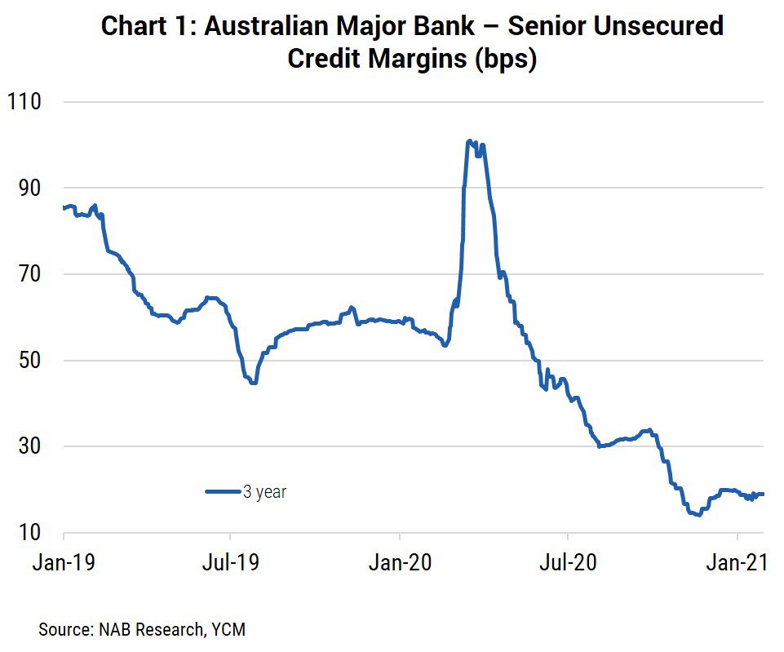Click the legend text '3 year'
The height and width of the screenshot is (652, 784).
point(264,492)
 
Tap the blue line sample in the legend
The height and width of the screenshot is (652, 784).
point(222,492)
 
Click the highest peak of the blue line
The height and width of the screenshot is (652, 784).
point(469,141)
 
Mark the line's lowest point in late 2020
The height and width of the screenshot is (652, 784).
point(698,514)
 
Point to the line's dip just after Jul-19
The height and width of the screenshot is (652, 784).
point(254,382)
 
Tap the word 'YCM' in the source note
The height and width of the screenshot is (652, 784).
point(229,629)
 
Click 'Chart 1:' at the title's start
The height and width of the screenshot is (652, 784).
point(146,26)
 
